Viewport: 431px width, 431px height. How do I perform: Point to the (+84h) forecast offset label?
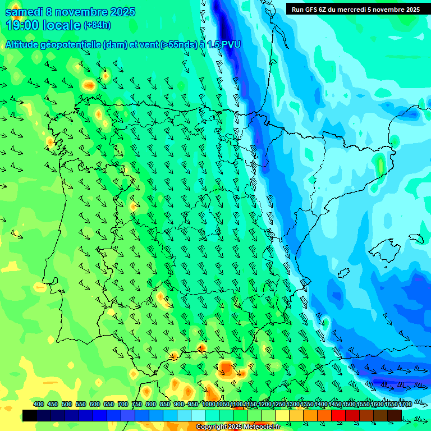click(x=97, y=25)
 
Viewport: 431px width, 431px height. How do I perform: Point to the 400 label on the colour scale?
click(x=39, y=405)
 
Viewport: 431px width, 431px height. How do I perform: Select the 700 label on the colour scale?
click(x=123, y=405)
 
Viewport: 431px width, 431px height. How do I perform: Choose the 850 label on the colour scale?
click(x=165, y=405)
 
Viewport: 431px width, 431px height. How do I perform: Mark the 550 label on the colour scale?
click(x=81, y=405)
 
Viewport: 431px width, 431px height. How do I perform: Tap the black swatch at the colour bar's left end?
click(x=30, y=415)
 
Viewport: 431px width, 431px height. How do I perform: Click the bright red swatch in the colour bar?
click(x=338, y=415)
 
